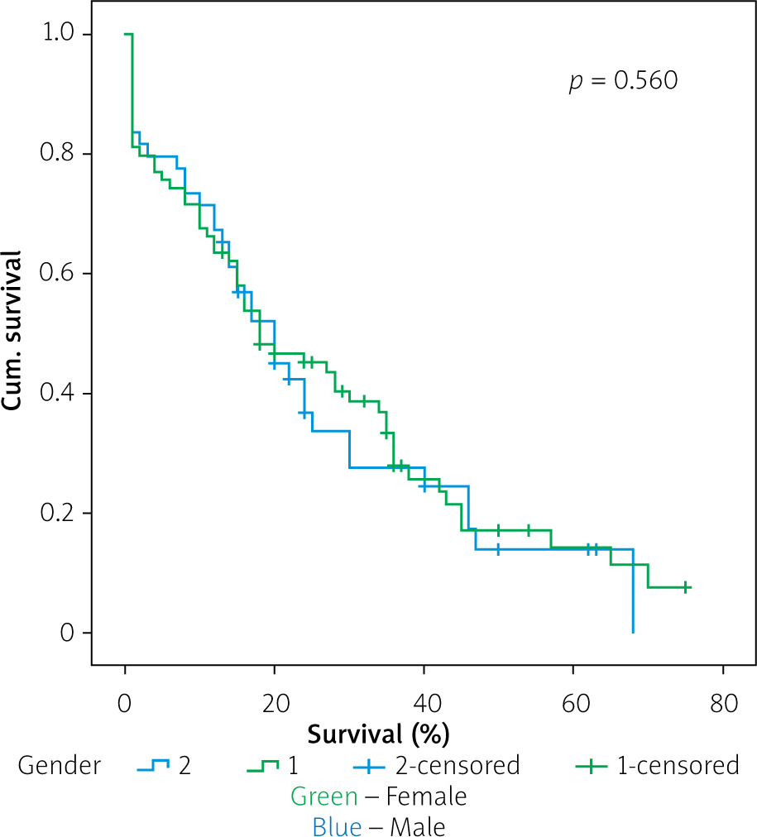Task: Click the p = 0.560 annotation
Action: pos(622,81)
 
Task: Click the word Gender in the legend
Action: pos(59,766)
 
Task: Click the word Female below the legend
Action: pos(426,796)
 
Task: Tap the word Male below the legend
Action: pos(418,826)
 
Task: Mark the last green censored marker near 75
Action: pos(686,587)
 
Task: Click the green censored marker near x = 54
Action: pos(528,530)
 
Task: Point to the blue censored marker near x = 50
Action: pos(498,549)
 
